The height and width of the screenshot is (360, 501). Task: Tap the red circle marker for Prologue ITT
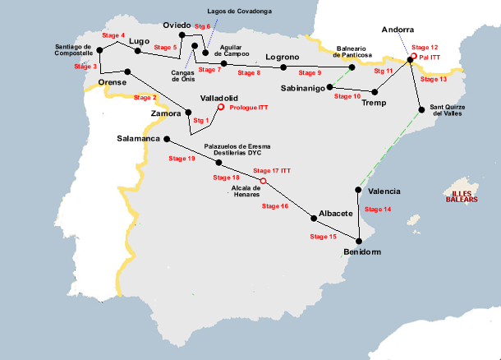[x=220, y=107]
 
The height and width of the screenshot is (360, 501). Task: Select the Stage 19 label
[x=181, y=158]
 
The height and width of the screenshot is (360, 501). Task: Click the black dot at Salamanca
[x=167, y=139]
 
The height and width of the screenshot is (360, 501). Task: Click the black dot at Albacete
[x=315, y=219]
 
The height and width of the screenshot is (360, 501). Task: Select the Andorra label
[x=398, y=30]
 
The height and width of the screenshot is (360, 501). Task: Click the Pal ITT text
[x=424, y=57]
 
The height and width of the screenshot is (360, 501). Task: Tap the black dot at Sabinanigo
[x=329, y=86]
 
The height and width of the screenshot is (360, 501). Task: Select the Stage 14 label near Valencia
[x=377, y=209]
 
